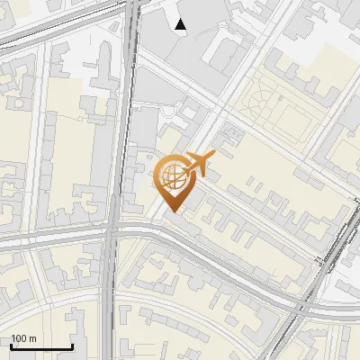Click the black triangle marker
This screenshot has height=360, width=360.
(181, 24)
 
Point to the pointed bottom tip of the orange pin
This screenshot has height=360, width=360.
(172, 212)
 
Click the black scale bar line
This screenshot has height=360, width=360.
(41, 347)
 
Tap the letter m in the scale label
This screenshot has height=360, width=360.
(33, 338)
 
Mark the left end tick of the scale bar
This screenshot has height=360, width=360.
(11, 346)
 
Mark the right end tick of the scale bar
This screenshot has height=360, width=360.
(72, 346)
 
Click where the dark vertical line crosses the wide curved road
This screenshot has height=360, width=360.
(111, 236)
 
